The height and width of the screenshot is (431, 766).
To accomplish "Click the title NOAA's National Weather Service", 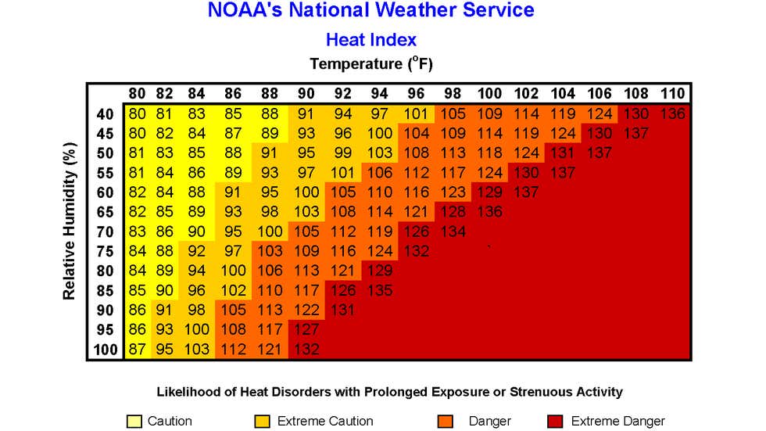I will pyautogui.click(x=371, y=11).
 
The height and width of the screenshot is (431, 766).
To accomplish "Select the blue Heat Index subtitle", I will pyautogui.click(x=371, y=39).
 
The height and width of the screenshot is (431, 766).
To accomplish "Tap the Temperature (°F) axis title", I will pyautogui.click(x=371, y=63).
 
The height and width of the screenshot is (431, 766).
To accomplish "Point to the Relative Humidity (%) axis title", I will pyautogui.click(x=70, y=221).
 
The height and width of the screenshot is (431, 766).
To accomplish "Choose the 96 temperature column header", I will pyautogui.click(x=417, y=94).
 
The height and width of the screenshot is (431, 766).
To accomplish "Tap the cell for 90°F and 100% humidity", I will pyautogui.click(x=306, y=350).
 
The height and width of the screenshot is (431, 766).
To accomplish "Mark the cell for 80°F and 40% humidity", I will pyautogui.click(x=138, y=114).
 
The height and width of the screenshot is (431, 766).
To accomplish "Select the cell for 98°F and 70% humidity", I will pyautogui.click(x=453, y=232).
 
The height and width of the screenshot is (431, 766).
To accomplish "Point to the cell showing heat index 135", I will pyautogui.click(x=380, y=290).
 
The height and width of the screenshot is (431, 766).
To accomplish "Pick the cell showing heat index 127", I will pyautogui.click(x=306, y=330).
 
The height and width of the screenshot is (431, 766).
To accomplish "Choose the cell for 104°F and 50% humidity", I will pyautogui.click(x=563, y=153).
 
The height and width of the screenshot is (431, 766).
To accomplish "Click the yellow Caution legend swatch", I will pyautogui.click(x=134, y=422).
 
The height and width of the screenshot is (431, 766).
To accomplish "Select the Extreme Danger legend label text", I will pyautogui.click(x=618, y=422).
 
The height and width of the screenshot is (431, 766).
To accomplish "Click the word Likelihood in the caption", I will pyautogui.click(x=188, y=392).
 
